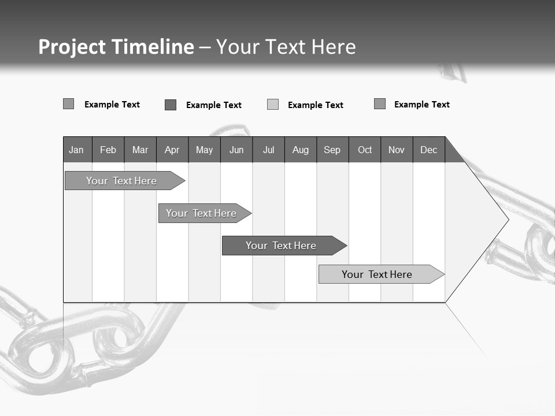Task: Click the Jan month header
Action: pos(76,150)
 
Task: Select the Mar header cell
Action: pos(140,150)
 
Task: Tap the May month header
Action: pos(204,150)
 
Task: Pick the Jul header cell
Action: pos(268,150)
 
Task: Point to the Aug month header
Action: pos(300,150)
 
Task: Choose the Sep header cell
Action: pos(332,150)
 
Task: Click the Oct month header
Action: pos(365,150)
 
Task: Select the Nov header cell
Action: pos(397,150)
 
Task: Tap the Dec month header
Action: pos(428,150)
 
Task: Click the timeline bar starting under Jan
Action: pos(121,181)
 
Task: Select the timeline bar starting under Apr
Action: pos(201,213)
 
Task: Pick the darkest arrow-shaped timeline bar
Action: pos(281,246)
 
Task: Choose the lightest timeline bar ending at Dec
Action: pos(377,274)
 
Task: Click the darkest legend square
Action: pos(171,105)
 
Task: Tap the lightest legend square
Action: pos(273,105)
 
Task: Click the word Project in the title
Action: pos(72,47)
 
